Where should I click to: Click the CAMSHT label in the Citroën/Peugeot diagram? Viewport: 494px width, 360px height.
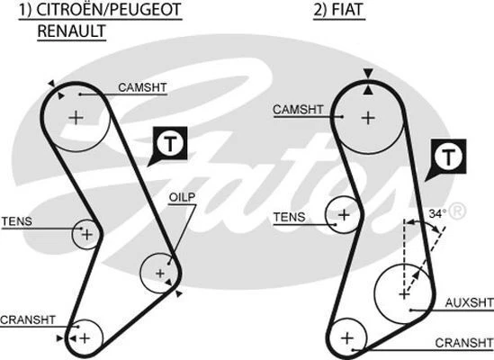click(141, 87)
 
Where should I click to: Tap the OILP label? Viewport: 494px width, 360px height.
click(181, 198)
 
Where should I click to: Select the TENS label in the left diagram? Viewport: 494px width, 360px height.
click(16, 220)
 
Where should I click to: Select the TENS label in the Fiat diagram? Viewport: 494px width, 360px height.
click(289, 217)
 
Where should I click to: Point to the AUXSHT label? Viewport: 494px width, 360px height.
click(469, 303)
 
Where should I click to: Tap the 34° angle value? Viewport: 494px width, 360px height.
click(436, 214)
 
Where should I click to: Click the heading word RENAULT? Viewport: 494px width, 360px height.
click(71, 31)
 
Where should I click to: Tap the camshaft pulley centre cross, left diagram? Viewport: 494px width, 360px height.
click(76, 116)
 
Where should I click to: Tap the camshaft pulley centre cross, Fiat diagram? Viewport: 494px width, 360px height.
click(367, 117)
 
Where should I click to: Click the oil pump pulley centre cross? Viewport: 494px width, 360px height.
click(160, 272)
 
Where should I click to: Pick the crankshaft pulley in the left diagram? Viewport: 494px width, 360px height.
click(84, 337)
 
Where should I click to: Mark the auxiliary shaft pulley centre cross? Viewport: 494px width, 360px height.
click(403, 292)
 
